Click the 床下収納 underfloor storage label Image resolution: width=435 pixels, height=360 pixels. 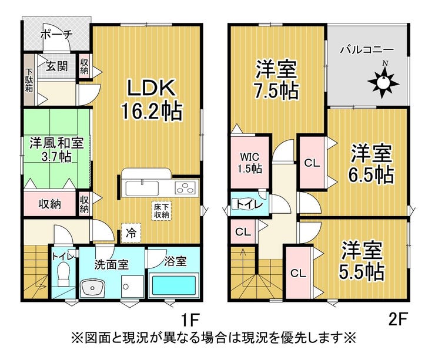162,211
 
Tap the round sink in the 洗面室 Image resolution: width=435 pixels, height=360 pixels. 92,288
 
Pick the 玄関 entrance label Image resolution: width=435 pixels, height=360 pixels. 56,65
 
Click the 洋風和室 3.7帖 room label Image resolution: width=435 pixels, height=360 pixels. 52,149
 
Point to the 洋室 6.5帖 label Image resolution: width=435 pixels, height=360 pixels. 372,164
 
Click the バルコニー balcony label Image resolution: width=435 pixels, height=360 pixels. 366,50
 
